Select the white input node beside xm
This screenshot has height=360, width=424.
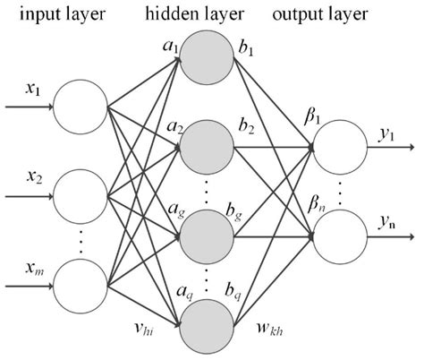click(x=80, y=287)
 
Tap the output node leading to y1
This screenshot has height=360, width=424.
click(x=339, y=146)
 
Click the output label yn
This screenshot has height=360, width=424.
click(x=386, y=220)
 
